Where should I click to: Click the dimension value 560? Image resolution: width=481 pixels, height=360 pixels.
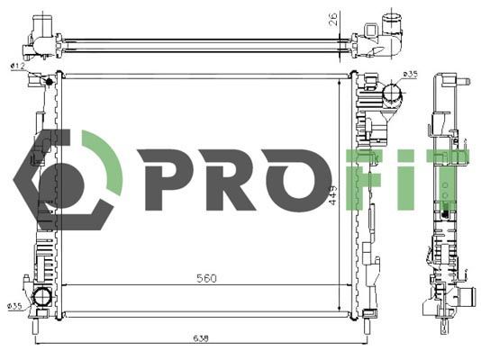pyautogui.click(x=206, y=278)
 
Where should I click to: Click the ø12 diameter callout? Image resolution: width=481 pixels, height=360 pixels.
pyautogui.click(x=17, y=66)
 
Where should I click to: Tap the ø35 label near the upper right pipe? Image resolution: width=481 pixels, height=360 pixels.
pyautogui.click(x=409, y=73)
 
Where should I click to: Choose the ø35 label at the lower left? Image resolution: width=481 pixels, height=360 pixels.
pyautogui.click(x=14, y=306)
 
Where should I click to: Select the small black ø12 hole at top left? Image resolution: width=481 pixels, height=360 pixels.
pyautogui.click(x=36, y=81)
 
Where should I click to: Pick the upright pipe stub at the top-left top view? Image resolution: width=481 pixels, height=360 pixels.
pyautogui.click(x=40, y=24)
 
